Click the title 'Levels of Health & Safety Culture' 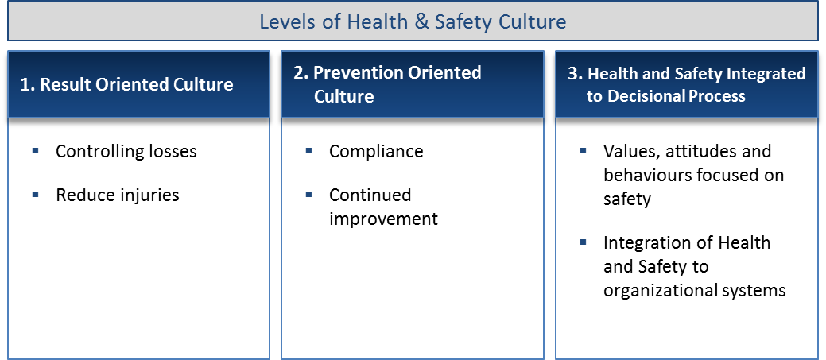point(413,22)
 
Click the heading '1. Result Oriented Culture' point(126,85)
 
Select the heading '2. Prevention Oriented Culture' point(387,84)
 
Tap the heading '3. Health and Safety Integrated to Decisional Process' point(686,85)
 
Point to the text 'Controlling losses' point(126,152)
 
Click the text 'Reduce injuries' point(118,195)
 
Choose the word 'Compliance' point(376,152)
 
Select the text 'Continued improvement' point(383,207)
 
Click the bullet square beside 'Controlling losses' point(35,151)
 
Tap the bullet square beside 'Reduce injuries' point(35,195)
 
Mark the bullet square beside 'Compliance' point(308,151)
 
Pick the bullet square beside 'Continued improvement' point(308,195)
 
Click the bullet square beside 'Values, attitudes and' point(584,151)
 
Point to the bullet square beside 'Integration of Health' point(584,242)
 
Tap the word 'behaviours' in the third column point(647,176)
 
